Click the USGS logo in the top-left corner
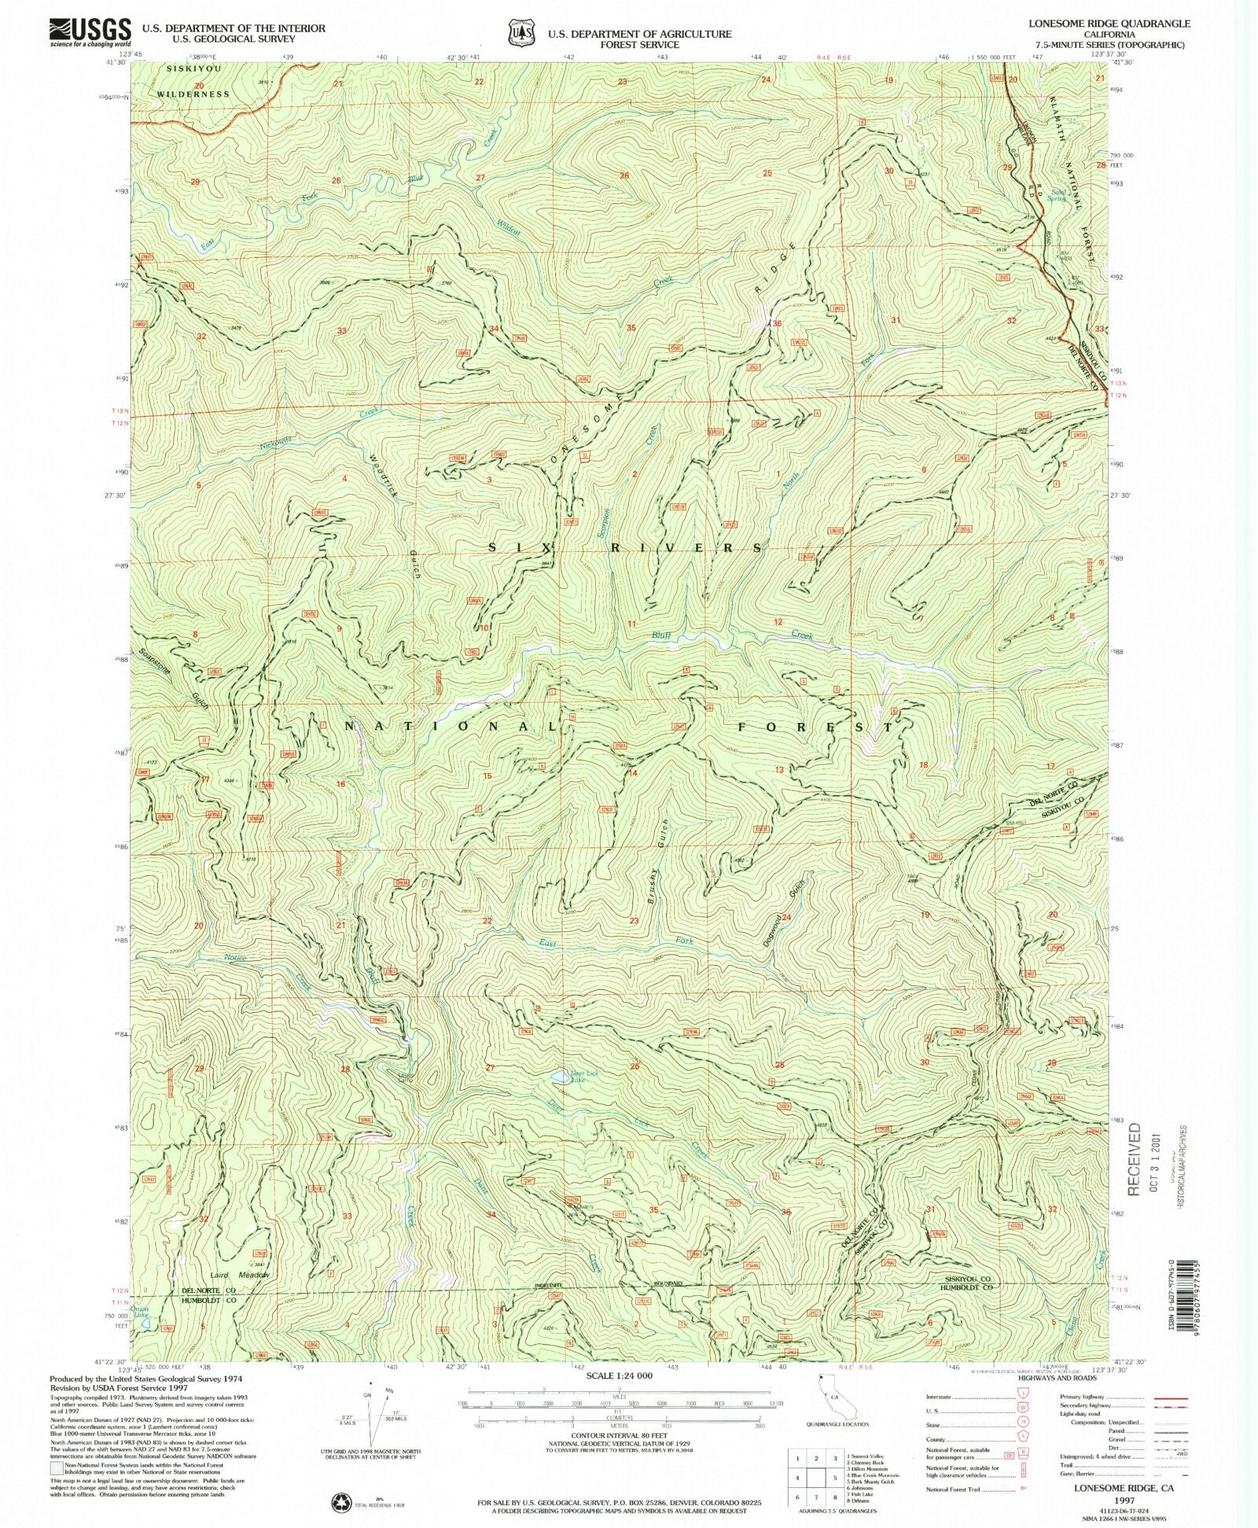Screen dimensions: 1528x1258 pyautogui.click(x=90, y=32)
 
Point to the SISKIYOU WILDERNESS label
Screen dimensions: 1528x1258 pyautogui.click(x=193, y=82)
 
